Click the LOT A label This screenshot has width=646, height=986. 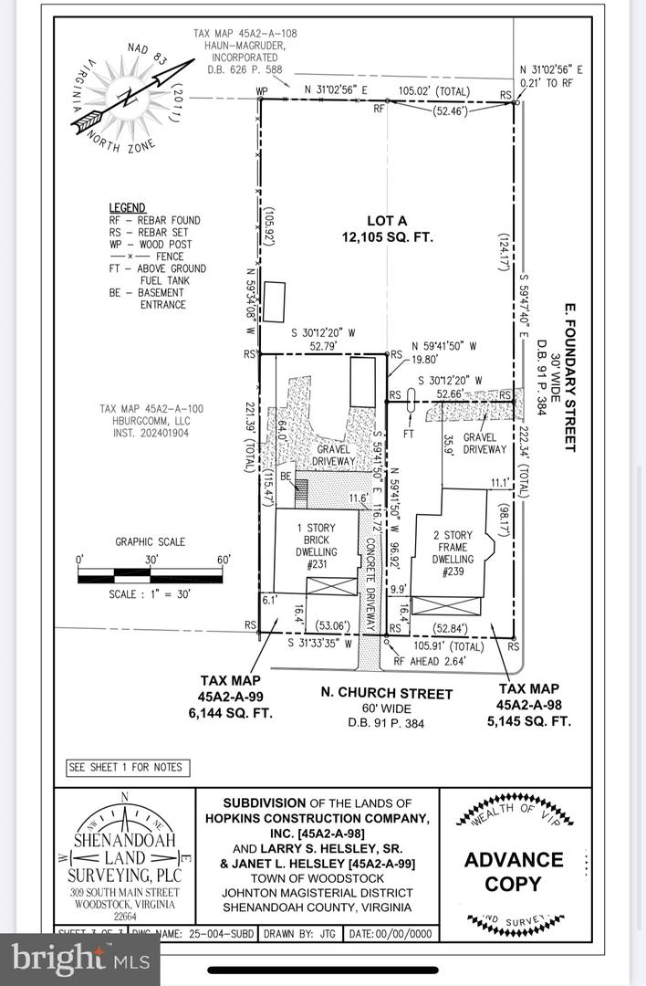pyautogui.click(x=387, y=221)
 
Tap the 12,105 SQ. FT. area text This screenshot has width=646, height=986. pyautogui.click(x=387, y=237)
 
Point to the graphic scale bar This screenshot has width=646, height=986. pyautogui.click(x=150, y=575)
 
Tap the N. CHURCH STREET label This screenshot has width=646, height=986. pyautogui.click(x=386, y=694)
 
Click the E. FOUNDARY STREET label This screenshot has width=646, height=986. pyautogui.click(x=569, y=377)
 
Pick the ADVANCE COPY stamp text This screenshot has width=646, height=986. pyautogui.click(x=515, y=872)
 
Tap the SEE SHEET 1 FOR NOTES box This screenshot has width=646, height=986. pyautogui.click(x=126, y=768)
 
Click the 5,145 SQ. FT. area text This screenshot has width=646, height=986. pyautogui.click(x=535, y=721)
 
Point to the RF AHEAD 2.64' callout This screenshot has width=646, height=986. pyautogui.click(x=430, y=661)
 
